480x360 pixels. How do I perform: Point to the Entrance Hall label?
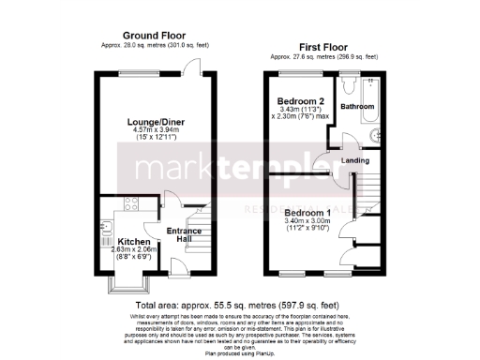click(182, 234)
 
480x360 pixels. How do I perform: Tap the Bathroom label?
click(357, 108)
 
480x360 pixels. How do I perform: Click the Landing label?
click(355, 160)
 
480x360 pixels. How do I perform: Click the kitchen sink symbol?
click(101, 229)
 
